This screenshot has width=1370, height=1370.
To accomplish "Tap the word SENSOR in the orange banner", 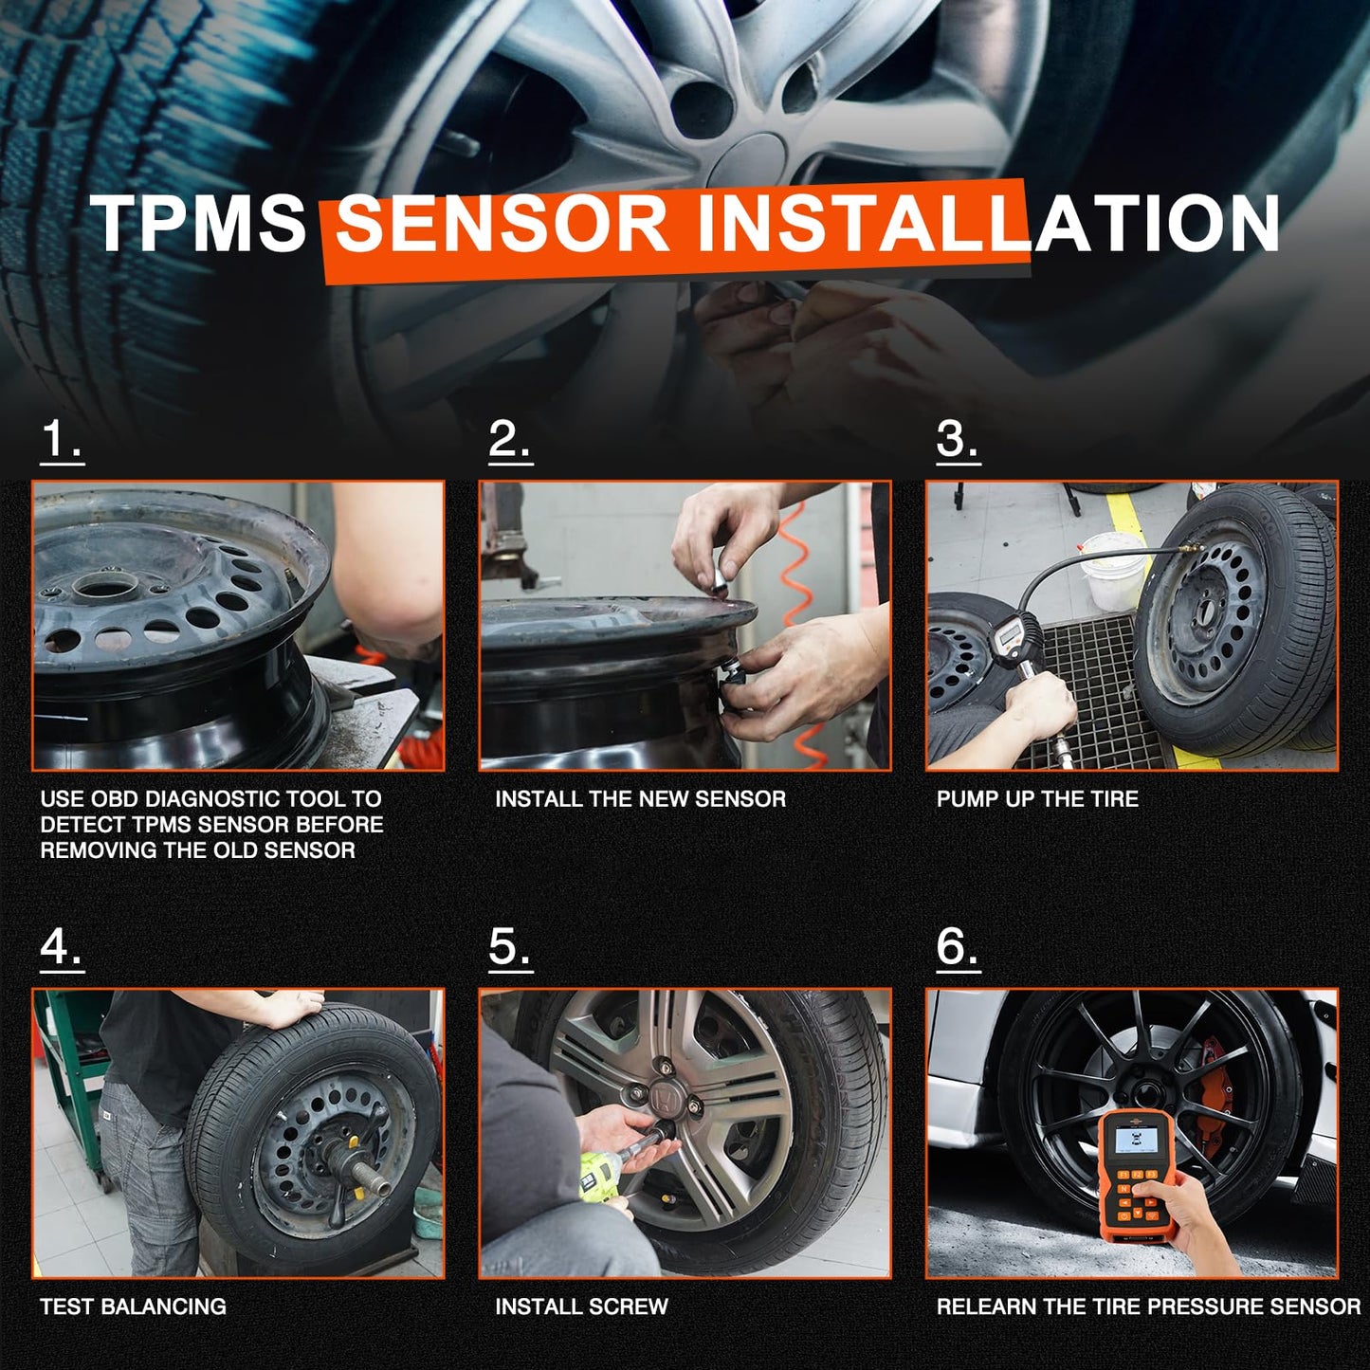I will point(502,224).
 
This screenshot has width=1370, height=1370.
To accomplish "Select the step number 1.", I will point(62,440).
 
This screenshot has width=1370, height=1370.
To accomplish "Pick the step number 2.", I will point(510,440).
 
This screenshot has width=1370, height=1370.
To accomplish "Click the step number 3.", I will point(958,440).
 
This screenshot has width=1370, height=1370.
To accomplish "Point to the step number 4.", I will point(62,947).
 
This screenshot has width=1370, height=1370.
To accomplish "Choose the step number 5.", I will point(510,947).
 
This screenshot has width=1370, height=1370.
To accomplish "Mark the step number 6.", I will point(958,947).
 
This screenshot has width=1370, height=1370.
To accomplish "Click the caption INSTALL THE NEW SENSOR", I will point(640,799).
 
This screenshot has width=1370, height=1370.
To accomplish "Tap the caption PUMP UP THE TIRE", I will point(1037,799).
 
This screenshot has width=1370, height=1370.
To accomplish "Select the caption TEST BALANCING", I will point(133,1306).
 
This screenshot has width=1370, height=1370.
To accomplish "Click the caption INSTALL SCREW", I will point(581,1306).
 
